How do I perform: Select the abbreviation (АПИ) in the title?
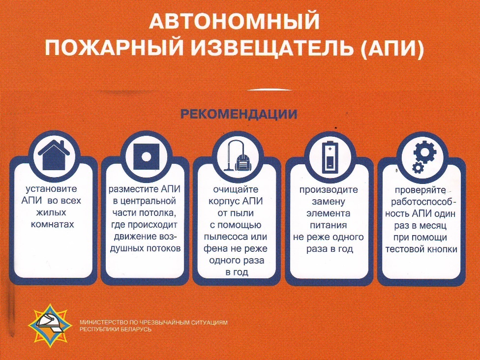391,49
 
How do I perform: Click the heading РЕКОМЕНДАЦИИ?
239,114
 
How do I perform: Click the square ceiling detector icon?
147,156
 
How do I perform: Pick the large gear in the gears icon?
424,152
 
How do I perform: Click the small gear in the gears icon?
418,168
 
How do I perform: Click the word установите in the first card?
51,189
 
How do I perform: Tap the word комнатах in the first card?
53,224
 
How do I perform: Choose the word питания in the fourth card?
329,225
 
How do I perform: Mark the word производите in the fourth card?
329,190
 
